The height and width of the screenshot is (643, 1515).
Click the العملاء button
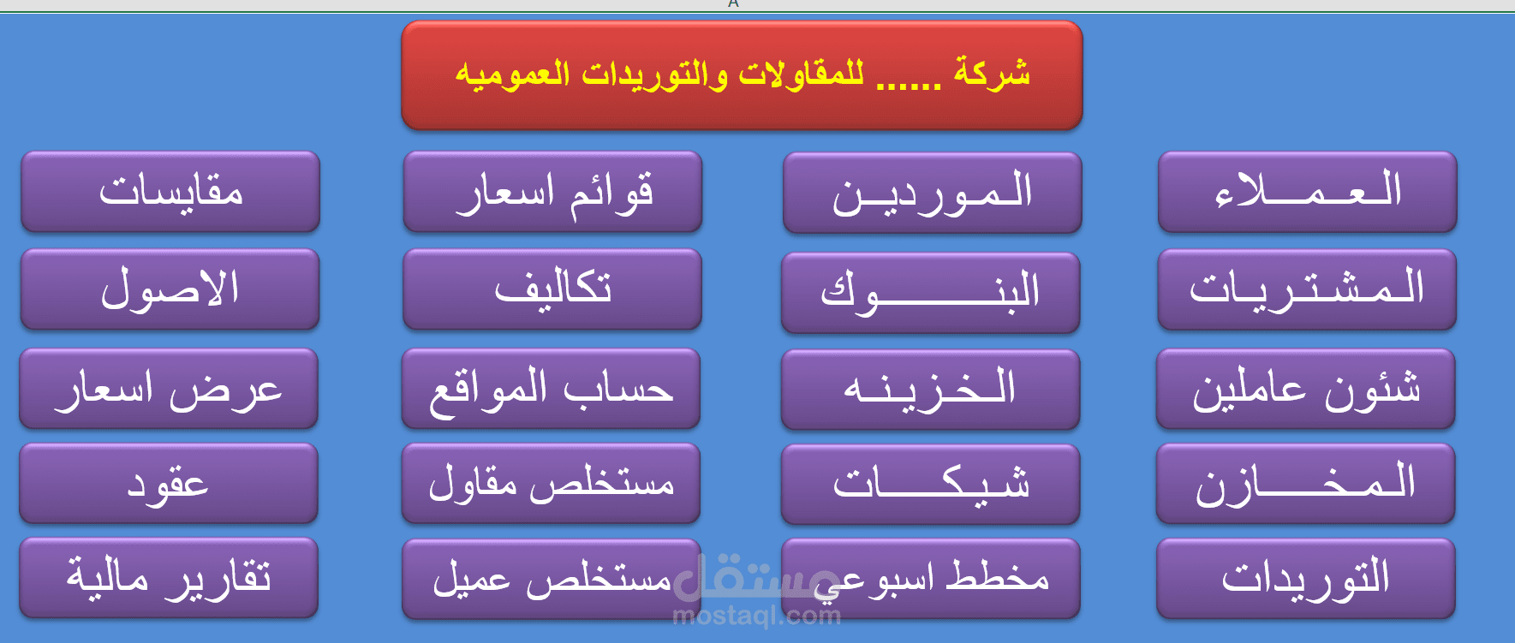tap(1307, 192)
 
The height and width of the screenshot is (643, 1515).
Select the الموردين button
tap(932, 193)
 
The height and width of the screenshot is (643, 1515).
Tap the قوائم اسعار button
tap(552, 192)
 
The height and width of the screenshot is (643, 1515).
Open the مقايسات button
tap(170, 192)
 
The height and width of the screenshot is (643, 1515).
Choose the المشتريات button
tap(1307, 289)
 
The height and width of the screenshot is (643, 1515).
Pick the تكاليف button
tap(552, 289)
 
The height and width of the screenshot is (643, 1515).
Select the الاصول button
tap(170, 289)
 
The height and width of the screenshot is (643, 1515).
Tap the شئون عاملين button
tap(1305, 389)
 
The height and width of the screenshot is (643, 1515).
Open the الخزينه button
tap(930, 390)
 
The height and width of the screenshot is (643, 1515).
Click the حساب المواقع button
tap(551, 389)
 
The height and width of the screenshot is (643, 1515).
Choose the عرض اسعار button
tap(169, 389)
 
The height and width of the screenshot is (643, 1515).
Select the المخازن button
tap(1305, 484)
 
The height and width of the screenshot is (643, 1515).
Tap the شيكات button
tap(930, 485)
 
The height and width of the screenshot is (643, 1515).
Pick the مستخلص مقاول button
tap(551, 484)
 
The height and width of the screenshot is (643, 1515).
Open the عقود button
tap(169, 484)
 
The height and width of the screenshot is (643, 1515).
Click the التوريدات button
tap(1305, 579)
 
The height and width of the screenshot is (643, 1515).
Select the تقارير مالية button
tap(169, 578)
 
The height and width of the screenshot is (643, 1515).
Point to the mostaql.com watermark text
tap(757, 616)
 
